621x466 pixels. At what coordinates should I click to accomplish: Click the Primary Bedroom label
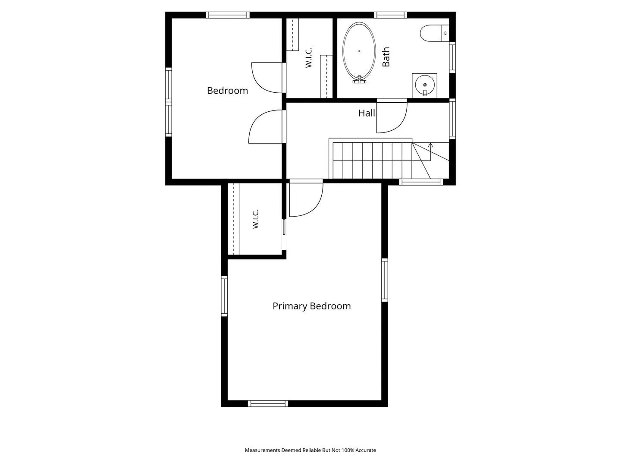(311, 306)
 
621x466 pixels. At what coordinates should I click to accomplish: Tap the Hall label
(367, 113)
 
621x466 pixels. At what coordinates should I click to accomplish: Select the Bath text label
(386, 57)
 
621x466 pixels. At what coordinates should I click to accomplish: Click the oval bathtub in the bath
(359, 51)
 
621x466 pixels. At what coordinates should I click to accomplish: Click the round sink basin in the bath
(424, 85)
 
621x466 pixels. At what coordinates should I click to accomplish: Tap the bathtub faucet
(359, 80)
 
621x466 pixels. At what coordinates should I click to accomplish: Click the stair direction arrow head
(430, 145)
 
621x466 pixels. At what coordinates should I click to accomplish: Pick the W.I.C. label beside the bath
(309, 57)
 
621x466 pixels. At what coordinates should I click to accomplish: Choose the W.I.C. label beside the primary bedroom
(255, 219)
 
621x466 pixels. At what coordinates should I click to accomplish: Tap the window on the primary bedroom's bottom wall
(268, 403)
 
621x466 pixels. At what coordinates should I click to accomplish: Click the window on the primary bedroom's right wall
(385, 280)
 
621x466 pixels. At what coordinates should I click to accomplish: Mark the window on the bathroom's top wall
(390, 15)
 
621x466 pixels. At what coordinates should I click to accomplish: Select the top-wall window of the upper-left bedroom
(227, 15)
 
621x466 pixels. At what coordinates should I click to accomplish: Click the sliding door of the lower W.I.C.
(284, 227)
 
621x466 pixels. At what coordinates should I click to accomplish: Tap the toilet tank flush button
(445, 33)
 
